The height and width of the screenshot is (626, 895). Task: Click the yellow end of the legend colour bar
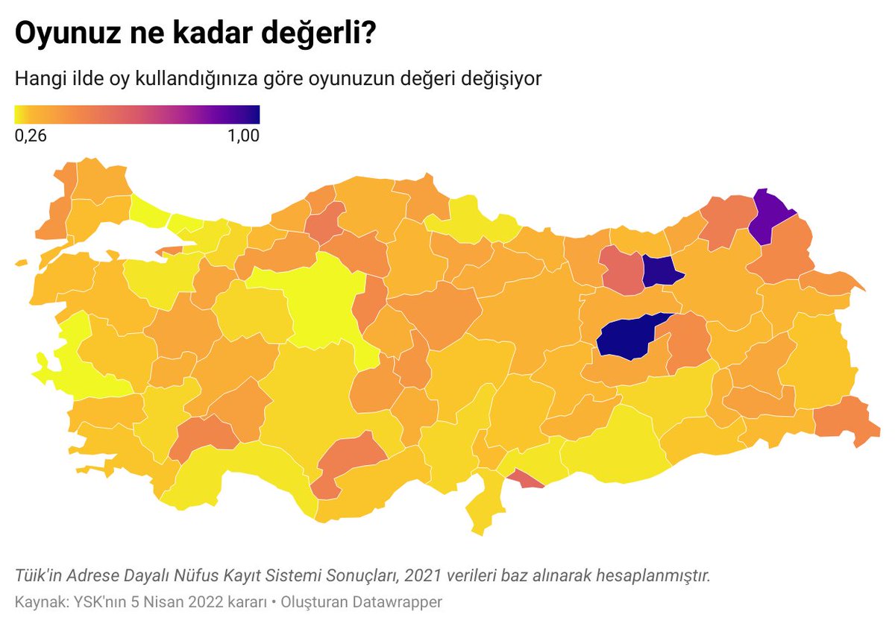coord(21,114)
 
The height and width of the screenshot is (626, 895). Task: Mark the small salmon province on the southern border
coord(526,479)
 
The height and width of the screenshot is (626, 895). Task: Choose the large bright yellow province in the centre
coord(321,302)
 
